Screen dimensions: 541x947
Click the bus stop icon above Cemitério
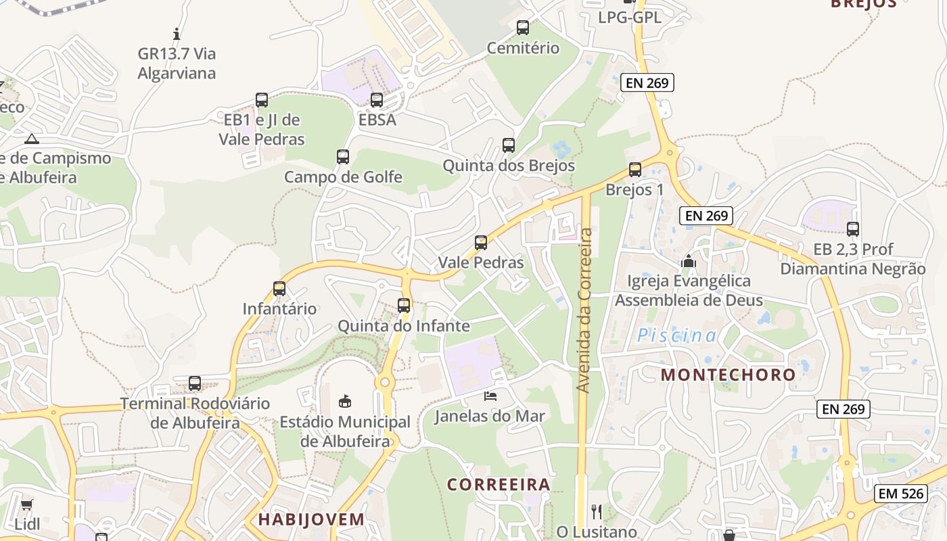523,28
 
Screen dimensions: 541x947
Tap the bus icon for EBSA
377,100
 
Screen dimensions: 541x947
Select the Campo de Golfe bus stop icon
343,157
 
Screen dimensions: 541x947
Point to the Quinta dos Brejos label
509,166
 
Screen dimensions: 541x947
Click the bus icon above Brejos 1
634,170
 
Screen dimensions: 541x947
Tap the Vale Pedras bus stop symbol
481,242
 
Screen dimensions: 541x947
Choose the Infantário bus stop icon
279,289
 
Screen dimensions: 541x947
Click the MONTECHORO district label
729,375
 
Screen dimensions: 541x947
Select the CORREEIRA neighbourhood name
499,485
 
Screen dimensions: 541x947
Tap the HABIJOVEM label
311,519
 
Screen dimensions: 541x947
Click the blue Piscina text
677,335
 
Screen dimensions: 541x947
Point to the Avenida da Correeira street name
584,311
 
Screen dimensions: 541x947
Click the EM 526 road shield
902,494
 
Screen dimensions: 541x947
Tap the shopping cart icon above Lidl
27,504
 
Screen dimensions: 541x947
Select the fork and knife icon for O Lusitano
597,511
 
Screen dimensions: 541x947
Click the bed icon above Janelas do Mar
490,396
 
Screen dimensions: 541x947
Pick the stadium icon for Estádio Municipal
345,402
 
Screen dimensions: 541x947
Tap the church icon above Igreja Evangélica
689,261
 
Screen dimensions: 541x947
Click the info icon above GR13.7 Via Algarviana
177,34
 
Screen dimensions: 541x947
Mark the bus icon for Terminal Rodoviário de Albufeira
195,383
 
